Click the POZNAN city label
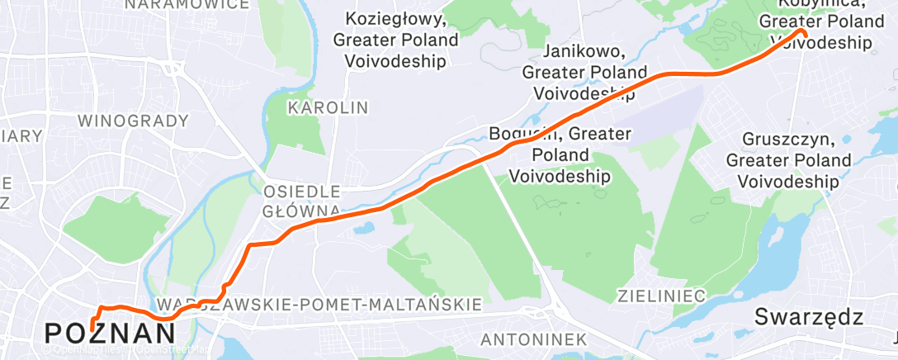110,333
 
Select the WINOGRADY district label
134,121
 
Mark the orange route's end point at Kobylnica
801,32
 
